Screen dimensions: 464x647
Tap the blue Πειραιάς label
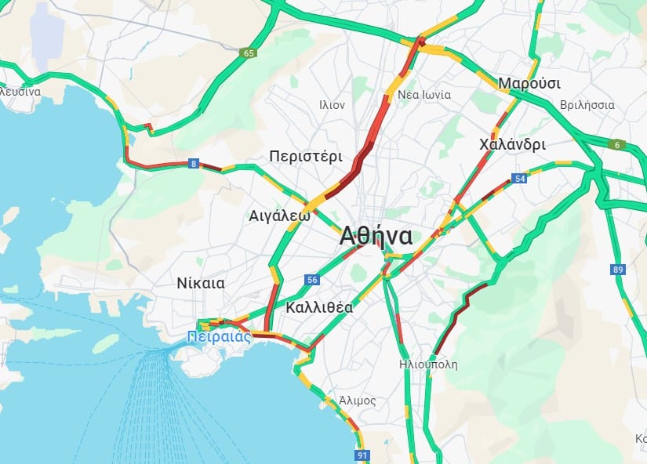point(220,337)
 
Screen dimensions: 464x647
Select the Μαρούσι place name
point(529,84)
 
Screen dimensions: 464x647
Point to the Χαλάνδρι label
point(512,144)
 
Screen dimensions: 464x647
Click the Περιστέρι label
point(305,155)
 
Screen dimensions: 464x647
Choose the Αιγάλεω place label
point(279,215)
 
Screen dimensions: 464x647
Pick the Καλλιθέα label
point(319,307)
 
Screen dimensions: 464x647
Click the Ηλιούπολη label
point(427,364)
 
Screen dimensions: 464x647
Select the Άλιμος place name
point(358,401)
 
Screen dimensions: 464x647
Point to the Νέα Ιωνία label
point(424,95)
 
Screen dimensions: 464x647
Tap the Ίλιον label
point(332,104)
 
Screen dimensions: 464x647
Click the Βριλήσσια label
point(587,104)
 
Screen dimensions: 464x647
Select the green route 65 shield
point(249,53)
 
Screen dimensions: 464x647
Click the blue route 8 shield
point(193,164)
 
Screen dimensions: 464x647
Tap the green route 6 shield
point(618,143)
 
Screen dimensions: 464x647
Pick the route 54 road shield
point(519,179)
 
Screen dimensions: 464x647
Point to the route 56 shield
point(313,280)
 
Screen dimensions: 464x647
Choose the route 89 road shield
point(619,270)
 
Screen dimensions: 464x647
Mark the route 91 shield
point(362,455)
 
